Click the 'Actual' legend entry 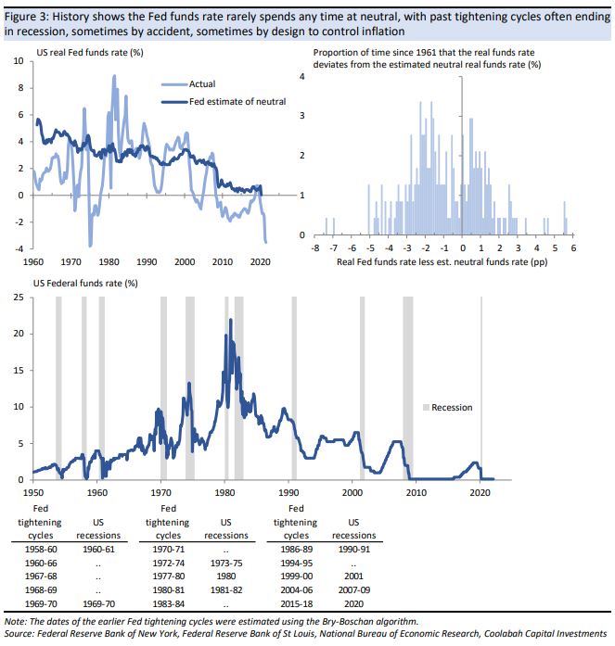tap(202, 83)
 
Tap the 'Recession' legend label tap(452, 407)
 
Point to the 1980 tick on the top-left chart tap(111, 262)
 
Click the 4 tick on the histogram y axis tap(300, 76)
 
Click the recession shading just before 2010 tap(407, 389)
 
